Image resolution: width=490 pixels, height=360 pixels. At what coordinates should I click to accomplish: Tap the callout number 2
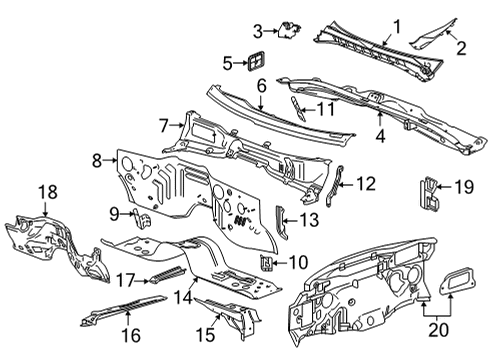461,47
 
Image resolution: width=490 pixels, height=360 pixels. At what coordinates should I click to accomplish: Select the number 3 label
258,30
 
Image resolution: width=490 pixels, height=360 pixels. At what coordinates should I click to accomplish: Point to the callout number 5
228,64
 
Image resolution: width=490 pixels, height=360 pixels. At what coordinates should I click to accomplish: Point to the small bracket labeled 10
267,264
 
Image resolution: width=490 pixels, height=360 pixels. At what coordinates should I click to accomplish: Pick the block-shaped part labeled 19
432,195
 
